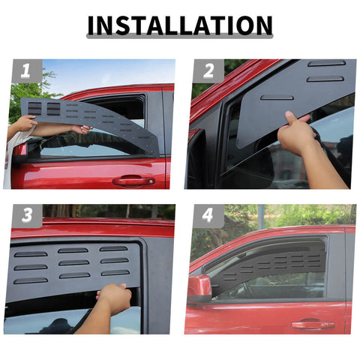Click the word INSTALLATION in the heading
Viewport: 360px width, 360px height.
pyautogui.click(x=180, y=25)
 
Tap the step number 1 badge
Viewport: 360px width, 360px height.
pyautogui.click(x=26, y=71)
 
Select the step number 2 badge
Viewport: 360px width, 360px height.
pyautogui.click(x=208, y=71)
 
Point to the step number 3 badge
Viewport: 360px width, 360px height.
pyautogui.click(x=26, y=217)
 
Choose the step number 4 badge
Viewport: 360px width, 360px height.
pyautogui.click(x=208, y=217)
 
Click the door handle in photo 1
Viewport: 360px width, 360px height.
pyautogui.click(x=133, y=181)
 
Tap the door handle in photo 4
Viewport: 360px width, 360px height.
pyautogui.click(x=313, y=325)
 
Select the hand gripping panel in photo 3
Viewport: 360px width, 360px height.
pyautogui.click(x=115, y=298)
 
